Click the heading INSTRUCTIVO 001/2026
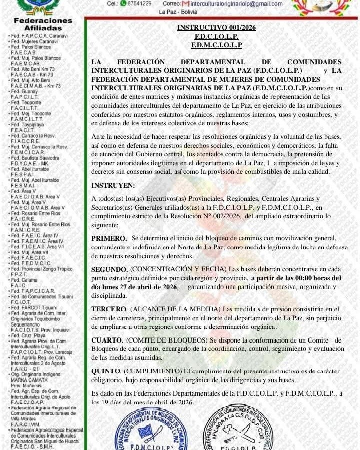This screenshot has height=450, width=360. point(216,28)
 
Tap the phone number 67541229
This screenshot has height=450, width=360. point(139,3)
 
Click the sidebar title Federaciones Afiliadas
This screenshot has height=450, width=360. point(43,25)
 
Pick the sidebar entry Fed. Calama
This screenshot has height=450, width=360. point(24,280)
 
